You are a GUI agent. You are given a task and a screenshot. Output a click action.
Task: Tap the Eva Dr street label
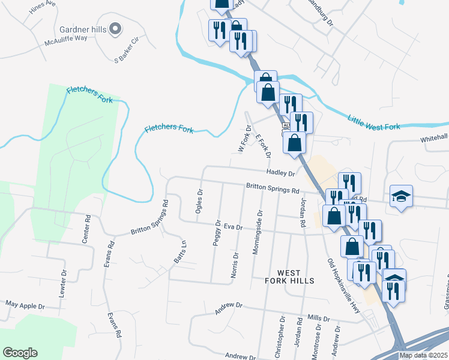[232, 227]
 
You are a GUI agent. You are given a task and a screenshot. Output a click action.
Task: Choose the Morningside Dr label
[258, 232]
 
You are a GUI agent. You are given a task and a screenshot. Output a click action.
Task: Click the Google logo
[20, 353]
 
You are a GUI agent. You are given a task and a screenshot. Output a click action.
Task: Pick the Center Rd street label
[86, 229]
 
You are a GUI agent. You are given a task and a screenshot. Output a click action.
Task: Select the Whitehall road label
[434, 137]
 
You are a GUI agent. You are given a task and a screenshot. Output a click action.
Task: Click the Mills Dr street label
[318, 319]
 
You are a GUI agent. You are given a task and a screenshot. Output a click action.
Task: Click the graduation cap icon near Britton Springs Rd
[401, 196]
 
